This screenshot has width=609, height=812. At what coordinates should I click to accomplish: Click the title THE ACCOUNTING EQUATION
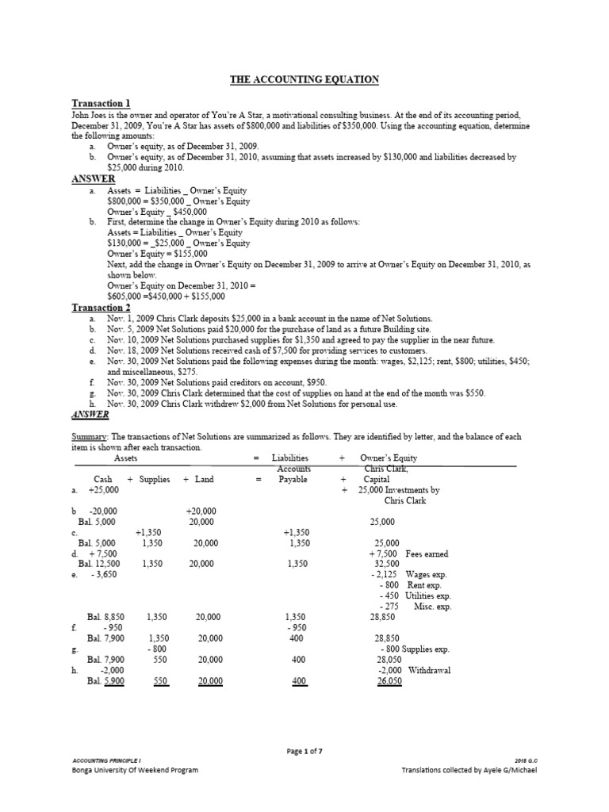[x=304, y=79]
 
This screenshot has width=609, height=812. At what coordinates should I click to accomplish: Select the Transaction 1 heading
[x=101, y=103]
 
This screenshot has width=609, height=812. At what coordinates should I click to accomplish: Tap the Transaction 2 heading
[x=101, y=307]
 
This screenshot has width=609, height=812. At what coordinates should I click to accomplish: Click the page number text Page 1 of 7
[x=304, y=750]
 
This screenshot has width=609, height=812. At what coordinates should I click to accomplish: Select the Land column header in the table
[x=204, y=480]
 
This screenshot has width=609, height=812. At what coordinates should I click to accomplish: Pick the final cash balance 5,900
[x=111, y=681]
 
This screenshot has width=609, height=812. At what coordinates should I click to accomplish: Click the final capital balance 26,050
[x=389, y=681]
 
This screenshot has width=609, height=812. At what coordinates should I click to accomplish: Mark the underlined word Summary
[x=88, y=436]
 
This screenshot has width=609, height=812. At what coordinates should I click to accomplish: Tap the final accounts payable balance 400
[x=299, y=681]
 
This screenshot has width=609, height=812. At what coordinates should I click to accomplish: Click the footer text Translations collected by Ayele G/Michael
[x=469, y=770]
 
